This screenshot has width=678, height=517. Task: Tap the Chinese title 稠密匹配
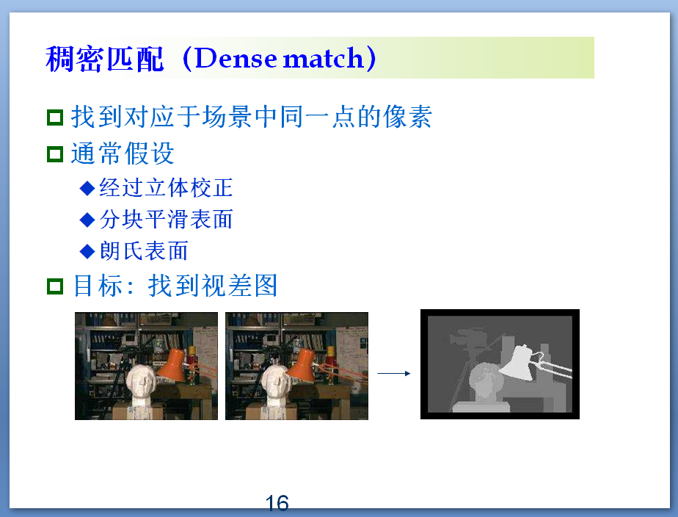click(x=105, y=59)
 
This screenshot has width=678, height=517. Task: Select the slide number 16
click(x=277, y=503)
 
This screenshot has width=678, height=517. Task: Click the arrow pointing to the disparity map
click(x=394, y=373)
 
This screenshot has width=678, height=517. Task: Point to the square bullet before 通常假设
click(x=55, y=155)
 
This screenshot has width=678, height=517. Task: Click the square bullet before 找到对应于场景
click(x=55, y=117)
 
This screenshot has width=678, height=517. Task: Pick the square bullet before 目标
click(x=55, y=286)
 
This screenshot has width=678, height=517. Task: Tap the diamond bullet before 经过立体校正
click(x=87, y=188)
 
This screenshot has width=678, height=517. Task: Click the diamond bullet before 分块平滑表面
click(x=87, y=220)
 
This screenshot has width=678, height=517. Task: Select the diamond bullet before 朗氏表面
click(x=87, y=251)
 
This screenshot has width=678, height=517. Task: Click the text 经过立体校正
click(x=166, y=188)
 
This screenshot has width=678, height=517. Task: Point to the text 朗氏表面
click(x=144, y=251)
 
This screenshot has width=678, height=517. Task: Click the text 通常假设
click(x=123, y=154)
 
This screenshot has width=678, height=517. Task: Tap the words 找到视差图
click(x=213, y=286)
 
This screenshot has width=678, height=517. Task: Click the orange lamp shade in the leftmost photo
click(x=174, y=366)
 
